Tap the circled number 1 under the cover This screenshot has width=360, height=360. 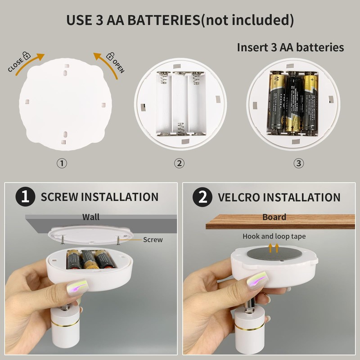click(62, 163)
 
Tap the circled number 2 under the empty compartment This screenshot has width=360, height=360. click(180, 163)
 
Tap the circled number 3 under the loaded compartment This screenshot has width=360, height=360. click(298, 163)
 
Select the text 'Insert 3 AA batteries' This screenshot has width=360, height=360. click(290, 47)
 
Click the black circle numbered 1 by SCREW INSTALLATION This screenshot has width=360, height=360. click(25, 197)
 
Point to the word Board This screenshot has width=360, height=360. click(274, 217)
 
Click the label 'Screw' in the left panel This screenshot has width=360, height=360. click(153, 240)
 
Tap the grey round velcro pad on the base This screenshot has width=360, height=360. click(274, 253)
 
